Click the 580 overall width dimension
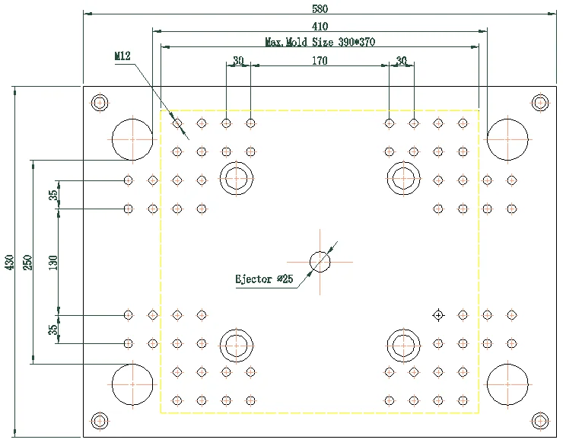click(320, 8)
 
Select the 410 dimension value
click(320, 27)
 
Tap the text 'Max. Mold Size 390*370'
click(320, 42)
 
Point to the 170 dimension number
click(320, 61)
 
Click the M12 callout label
click(122, 56)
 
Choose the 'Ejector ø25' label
click(264, 279)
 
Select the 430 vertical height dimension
click(10, 262)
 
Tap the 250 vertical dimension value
click(28, 262)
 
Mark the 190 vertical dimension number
click(53, 262)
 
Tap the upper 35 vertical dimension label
click(53, 195)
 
